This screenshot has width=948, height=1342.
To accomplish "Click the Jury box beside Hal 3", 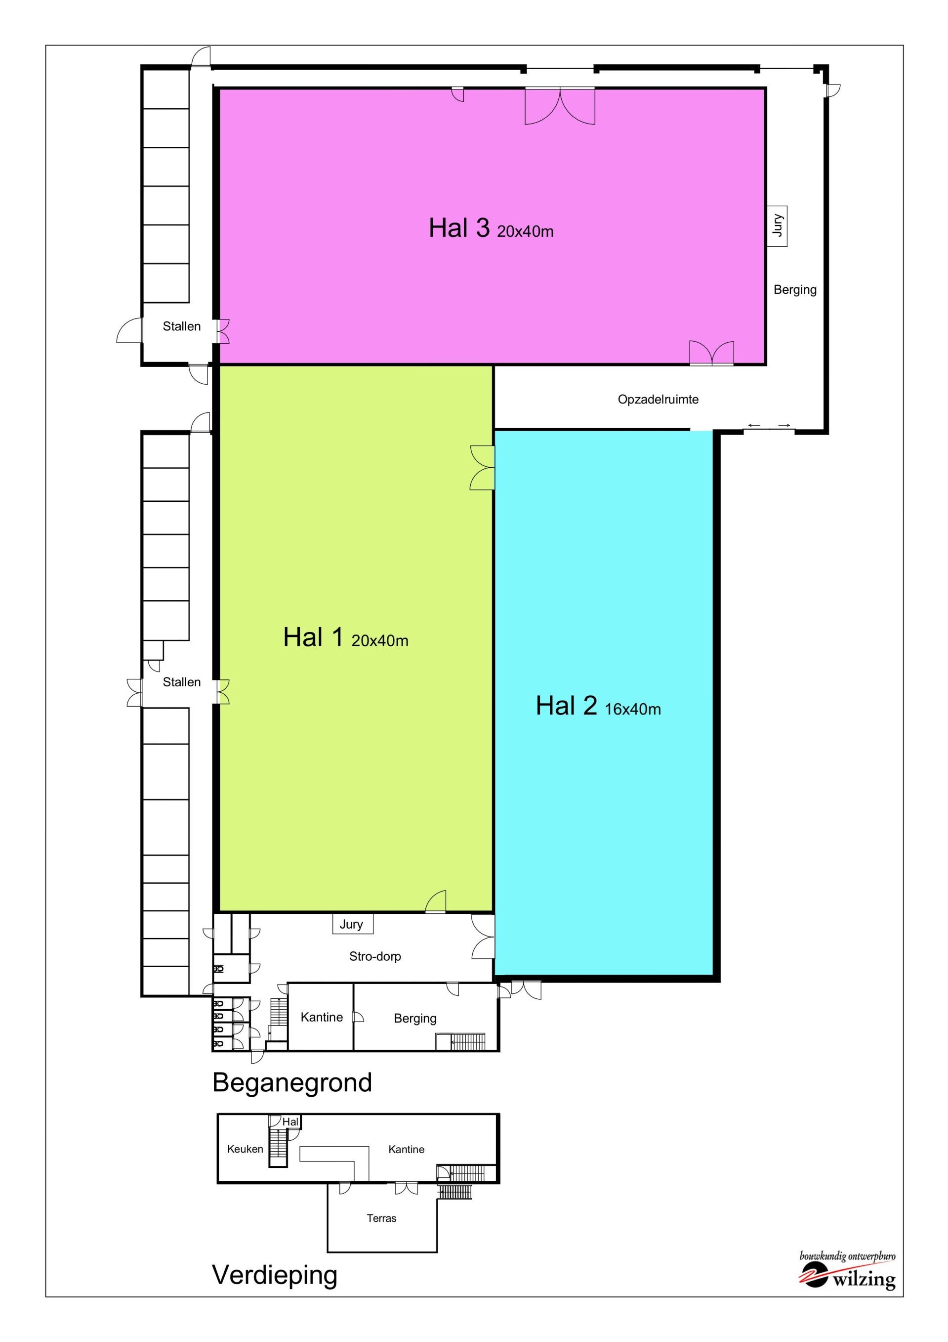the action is click(x=777, y=225).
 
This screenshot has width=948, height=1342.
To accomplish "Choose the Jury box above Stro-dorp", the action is click(x=352, y=924).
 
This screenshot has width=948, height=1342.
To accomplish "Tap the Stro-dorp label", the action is click(x=375, y=956).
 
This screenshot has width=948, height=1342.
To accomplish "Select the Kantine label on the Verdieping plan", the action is click(x=406, y=1149).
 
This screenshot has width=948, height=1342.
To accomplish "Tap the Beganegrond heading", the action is click(x=292, y=1082).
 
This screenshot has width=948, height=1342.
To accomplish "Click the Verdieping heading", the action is click(x=275, y=1275).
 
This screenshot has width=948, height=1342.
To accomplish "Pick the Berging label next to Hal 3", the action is click(x=795, y=289).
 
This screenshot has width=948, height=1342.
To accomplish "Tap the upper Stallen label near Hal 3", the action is click(x=182, y=326).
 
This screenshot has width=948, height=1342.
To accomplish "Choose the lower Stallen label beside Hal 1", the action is click(x=182, y=681).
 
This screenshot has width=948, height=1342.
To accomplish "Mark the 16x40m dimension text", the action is click(x=633, y=709).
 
